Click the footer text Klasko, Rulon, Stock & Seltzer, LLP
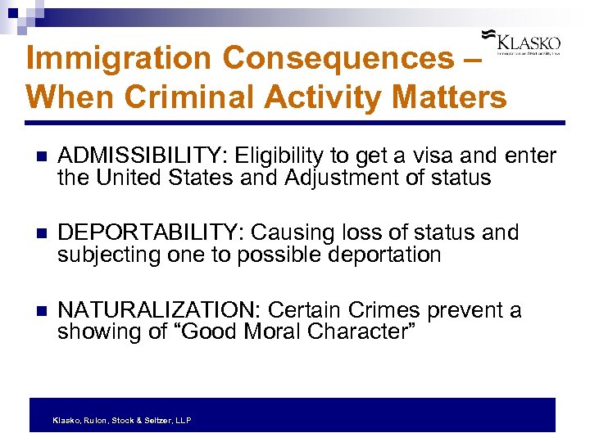pyautogui.click(x=121, y=420)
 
